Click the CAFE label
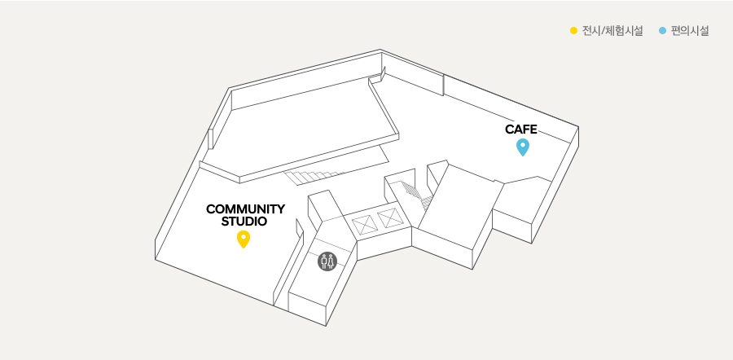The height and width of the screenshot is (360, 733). [521, 130]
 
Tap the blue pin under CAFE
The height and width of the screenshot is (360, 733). [523, 147]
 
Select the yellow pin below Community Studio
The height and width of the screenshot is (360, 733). [243, 239]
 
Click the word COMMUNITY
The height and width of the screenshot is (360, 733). [245, 209]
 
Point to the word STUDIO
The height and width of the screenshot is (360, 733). [244, 221]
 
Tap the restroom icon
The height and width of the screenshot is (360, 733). [327, 261]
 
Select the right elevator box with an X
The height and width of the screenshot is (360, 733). [391, 218]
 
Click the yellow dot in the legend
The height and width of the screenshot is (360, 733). [574, 31]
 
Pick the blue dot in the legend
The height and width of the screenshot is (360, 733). [663, 31]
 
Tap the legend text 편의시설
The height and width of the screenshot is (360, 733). [690, 31]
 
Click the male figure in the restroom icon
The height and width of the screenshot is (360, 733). [323, 261]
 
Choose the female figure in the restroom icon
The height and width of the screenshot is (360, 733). [331, 261]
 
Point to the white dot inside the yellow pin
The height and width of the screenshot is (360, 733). [243, 237]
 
